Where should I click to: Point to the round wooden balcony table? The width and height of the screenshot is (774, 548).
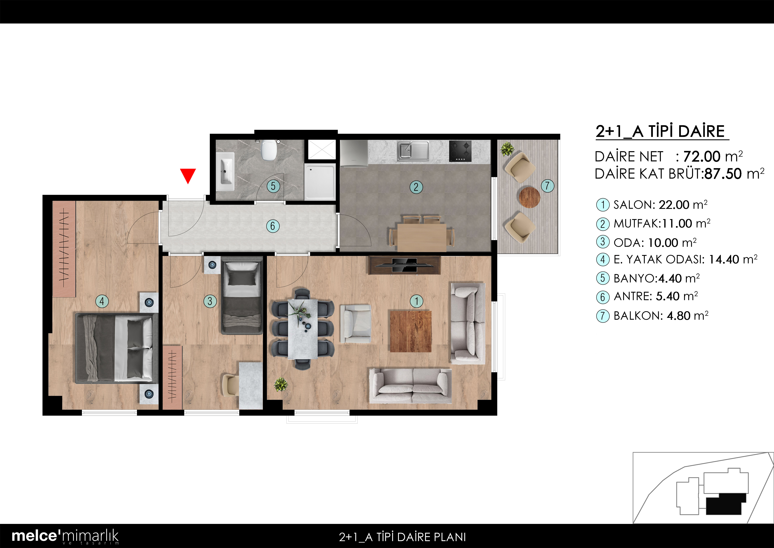click(x=529, y=197)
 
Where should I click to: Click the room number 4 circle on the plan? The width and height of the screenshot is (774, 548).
click(x=102, y=301)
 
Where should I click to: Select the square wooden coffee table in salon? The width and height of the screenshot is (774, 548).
click(x=411, y=331)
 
